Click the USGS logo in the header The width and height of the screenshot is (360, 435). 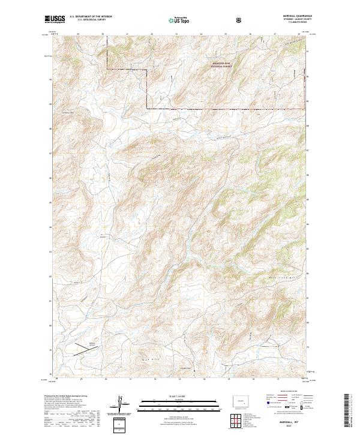coord(56,20)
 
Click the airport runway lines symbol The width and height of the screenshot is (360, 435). coord(83,349)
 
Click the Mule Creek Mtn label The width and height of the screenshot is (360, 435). coord(282,277)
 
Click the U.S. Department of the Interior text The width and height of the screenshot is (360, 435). coord(91,16)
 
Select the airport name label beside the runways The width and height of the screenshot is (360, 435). coord(92,344)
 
